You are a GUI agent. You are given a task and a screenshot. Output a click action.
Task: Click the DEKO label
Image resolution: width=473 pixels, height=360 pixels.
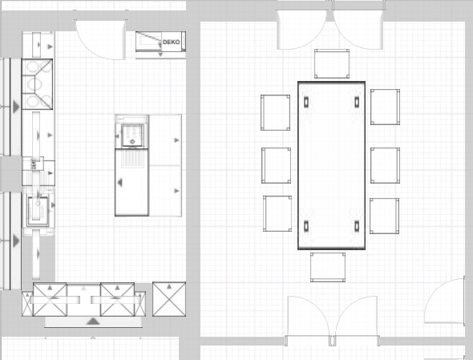tap(171, 42)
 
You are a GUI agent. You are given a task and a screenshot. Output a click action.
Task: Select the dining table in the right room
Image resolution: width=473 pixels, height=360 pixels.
tap(332, 165)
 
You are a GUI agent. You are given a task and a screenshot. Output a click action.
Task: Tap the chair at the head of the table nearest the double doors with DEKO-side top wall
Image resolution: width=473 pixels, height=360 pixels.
tap(332, 63)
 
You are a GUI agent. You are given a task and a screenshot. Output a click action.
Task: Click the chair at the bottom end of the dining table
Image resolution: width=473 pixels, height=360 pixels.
tap(328, 267)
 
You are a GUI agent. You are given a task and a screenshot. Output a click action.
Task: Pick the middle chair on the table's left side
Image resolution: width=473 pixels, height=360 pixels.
tap(276, 165)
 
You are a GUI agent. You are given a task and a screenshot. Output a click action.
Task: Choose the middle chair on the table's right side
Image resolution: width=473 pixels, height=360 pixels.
tap(386, 165)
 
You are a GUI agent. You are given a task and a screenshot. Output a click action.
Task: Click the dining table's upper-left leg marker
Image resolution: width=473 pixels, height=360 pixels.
tap(306, 102)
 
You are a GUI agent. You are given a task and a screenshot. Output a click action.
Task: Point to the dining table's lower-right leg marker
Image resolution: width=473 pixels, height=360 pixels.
tap(357, 226)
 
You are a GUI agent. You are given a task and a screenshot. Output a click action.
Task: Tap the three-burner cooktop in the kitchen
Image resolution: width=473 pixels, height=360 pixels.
tap(37, 84)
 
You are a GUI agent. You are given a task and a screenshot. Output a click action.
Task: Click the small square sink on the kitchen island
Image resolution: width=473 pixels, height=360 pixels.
tap(132, 136)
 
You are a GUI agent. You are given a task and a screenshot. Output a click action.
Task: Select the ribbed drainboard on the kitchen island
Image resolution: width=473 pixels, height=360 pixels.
tap(132, 159)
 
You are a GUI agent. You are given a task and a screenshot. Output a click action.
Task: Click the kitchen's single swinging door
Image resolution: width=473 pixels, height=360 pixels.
tap(100, 39)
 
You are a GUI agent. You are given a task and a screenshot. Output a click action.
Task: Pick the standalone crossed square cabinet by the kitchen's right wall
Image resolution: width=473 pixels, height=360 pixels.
tap(169, 299)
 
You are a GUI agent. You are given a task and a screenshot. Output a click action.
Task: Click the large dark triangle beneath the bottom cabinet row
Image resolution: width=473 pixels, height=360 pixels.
tap(93, 321)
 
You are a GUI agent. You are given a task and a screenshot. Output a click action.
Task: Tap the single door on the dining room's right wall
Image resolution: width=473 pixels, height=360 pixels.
tap(444, 301)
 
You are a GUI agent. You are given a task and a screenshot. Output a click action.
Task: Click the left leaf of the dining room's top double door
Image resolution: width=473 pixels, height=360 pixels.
tap(301, 30)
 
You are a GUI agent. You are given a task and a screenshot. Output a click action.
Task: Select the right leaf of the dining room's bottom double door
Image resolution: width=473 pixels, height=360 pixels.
tap(356, 320)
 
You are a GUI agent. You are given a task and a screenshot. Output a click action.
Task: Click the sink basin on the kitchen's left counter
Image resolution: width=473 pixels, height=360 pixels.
tap(38, 211)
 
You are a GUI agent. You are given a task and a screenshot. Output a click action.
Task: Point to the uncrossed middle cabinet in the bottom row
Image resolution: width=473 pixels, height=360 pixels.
tap(83, 299)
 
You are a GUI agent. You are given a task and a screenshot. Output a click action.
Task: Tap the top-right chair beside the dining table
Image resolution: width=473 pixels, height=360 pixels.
tap(386, 107)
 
